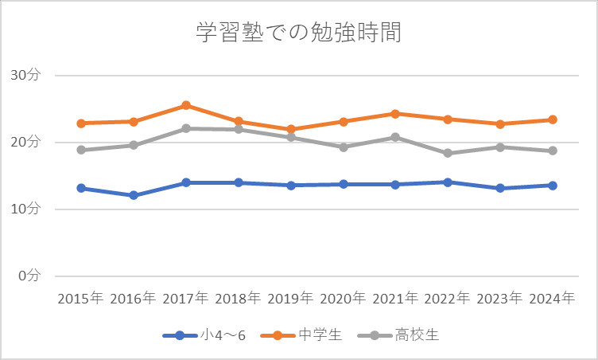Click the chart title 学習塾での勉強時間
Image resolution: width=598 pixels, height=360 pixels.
(x=298, y=33)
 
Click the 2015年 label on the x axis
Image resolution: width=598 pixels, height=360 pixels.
(x=80, y=299)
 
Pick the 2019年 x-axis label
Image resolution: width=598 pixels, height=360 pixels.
(x=290, y=299)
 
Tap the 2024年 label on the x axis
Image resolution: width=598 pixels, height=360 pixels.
(x=552, y=299)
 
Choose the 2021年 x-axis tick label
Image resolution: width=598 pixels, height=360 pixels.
(x=395, y=299)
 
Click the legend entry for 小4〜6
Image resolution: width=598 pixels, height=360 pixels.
(x=204, y=335)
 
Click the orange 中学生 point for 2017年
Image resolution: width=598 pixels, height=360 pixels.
(x=185, y=105)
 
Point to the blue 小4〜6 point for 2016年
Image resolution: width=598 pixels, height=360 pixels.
(x=134, y=195)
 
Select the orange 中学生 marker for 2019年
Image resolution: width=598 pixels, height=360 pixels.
(x=290, y=129)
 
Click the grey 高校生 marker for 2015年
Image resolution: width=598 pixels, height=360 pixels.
(x=81, y=150)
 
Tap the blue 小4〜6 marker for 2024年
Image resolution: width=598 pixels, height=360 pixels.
(x=552, y=186)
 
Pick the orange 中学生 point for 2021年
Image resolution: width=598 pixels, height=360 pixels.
(x=395, y=114)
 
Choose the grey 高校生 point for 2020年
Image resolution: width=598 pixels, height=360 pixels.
(x=343, y=147)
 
